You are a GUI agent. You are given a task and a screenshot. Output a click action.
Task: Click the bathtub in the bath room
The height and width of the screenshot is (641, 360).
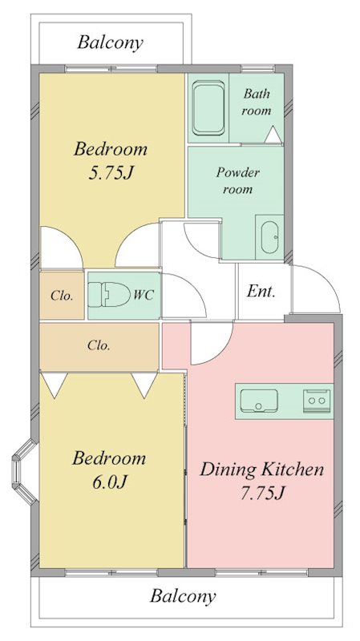[208, 108]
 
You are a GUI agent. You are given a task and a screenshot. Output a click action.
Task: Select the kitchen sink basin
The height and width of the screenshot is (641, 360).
[259, 401]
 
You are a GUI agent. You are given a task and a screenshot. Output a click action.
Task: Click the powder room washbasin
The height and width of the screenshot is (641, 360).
[269, 237]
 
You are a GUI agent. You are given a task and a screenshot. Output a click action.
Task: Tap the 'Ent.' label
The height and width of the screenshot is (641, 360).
[261, 292]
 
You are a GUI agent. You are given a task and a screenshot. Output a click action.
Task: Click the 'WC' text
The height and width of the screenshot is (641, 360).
[144, 294]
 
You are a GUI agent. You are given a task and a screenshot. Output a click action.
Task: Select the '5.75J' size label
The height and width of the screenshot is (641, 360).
[111, 174]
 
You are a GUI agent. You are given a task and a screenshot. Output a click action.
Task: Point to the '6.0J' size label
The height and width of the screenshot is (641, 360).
[110, 483]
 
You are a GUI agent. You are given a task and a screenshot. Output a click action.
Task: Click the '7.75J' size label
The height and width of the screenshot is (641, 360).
[262, 494]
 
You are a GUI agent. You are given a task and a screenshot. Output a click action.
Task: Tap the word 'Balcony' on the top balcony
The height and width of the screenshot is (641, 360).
[111, 42]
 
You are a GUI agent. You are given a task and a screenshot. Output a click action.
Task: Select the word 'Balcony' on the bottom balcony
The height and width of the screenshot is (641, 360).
[183, 596]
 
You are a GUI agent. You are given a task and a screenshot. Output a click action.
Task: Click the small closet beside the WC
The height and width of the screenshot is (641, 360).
[62, 295]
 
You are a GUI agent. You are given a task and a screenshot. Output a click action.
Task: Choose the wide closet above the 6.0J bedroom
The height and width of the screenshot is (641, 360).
[99, 347]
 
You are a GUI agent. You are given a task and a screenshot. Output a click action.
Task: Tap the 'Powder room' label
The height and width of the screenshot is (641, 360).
[237, 180]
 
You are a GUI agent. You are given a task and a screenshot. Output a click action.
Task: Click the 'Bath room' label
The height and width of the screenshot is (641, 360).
[257, 102]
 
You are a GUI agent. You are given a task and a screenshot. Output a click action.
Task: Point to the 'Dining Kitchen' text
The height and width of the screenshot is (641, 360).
[262, 470]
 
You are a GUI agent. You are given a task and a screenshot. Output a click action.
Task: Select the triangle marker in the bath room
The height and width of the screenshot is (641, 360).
[273, 135]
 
